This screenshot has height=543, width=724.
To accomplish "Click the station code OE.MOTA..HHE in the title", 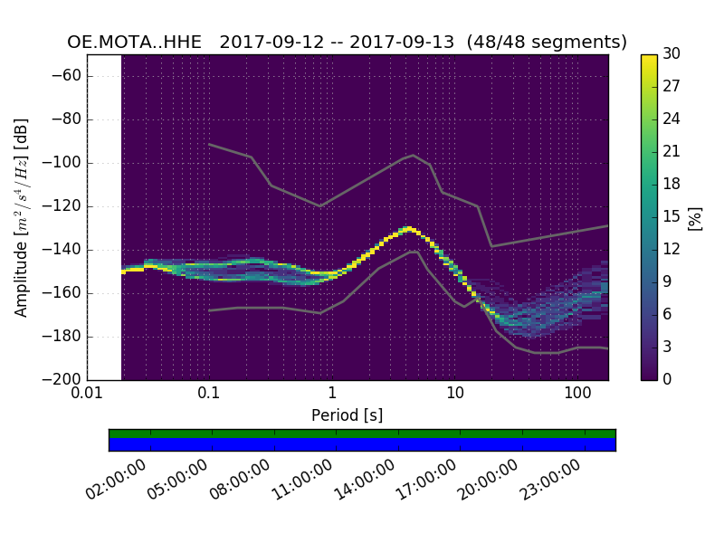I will pyautogui.click(x=138, y=43).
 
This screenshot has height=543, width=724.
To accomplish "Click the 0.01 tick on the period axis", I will pyautogui.click(x=88, y=395).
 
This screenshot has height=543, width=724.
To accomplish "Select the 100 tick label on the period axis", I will pyautogui.click(x=577, y=395).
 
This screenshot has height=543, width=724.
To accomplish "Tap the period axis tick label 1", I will pyautogui.click(x=332, y=395).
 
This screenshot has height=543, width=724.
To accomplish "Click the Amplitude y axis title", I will pyautogui.click(x=21, y=217).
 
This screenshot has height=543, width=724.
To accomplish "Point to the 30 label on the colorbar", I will pyautogui.click(x=672, y=54).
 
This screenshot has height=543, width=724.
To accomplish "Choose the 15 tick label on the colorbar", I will pyautogui.click(x=672, y=217).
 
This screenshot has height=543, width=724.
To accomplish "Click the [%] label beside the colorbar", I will pyautogui.click(x=695, y=217).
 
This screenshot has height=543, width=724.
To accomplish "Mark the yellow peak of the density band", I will pyautogui.click(x=408, y=228).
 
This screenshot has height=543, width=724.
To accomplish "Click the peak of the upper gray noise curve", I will pyautogui.click(x=414, y=155).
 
